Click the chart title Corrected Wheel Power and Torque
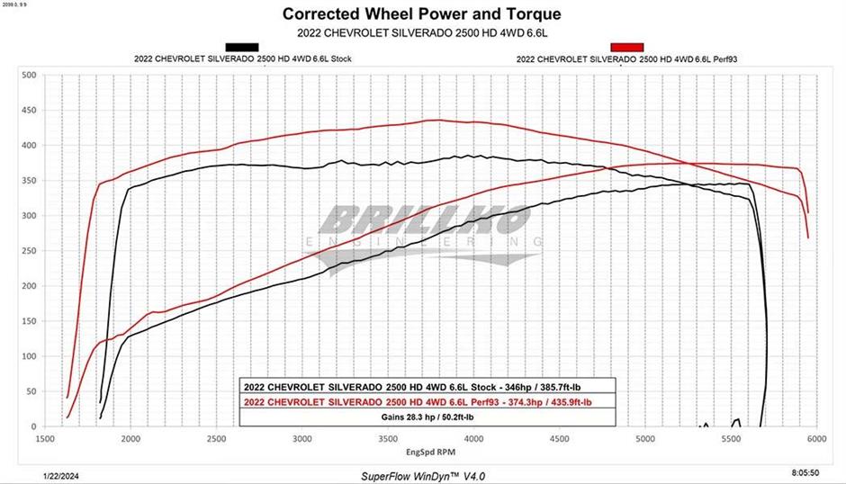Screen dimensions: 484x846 pos(422,13)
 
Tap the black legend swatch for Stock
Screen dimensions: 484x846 pos(242,47)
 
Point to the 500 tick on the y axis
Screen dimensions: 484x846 pos(28,75)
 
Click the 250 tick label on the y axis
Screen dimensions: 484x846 pos(28,251)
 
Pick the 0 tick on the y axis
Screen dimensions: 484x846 pos(32,426)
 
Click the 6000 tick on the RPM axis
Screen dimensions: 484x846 pos(816,440)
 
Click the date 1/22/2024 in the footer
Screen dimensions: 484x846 pos(60,472)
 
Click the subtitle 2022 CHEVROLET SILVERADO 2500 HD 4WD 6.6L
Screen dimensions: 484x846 pos(422,32)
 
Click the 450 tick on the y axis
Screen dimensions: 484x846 pos(28,110)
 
